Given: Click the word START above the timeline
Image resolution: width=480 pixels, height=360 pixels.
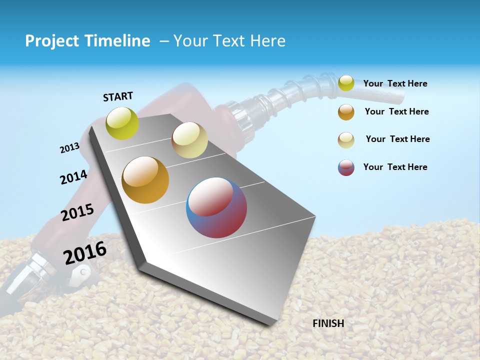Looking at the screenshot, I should [x=118, y=96].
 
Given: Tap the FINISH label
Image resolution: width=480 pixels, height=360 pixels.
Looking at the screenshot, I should [x=328, y=323].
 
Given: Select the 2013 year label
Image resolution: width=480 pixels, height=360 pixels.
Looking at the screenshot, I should [x=69, y=148].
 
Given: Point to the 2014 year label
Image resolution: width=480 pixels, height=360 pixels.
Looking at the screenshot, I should [x=73, y=177].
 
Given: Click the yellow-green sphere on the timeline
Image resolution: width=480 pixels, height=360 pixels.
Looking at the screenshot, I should [x=122, y=123].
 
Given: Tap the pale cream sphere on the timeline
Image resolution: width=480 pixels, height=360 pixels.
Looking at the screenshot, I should [x=189, y=140].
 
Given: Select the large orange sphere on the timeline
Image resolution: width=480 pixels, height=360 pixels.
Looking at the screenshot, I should [x=145, y=180].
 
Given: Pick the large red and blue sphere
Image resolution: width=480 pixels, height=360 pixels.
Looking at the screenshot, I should [x=216, y=207].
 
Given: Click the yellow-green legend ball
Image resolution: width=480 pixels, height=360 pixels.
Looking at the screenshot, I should [x=346, y=83].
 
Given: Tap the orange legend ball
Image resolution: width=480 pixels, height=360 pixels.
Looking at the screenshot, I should [x=346, y=112].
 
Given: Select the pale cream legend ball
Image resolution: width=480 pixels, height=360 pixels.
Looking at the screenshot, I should [x=346, y=140].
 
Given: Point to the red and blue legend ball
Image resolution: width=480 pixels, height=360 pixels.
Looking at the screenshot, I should [x=346, y=167].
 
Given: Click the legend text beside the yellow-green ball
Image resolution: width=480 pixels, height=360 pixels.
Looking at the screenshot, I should [x=395, y=83].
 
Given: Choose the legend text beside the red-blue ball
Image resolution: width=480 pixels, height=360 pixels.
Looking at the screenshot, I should [x=395, y=167].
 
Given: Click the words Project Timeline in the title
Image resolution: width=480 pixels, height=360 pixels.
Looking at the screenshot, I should [x=87, y=41].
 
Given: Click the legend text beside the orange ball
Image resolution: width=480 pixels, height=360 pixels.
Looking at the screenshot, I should [x=396, y=111].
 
